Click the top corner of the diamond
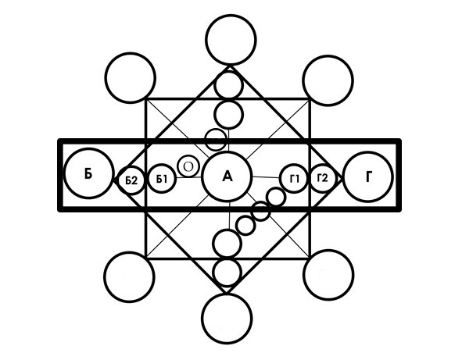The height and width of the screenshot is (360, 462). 230,66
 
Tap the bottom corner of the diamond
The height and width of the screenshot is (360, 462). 227,292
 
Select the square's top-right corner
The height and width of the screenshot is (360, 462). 310,100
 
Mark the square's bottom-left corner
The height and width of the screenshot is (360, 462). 146,258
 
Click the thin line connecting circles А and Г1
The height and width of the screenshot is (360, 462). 266,177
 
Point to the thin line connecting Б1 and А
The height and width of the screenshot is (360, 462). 189,177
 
